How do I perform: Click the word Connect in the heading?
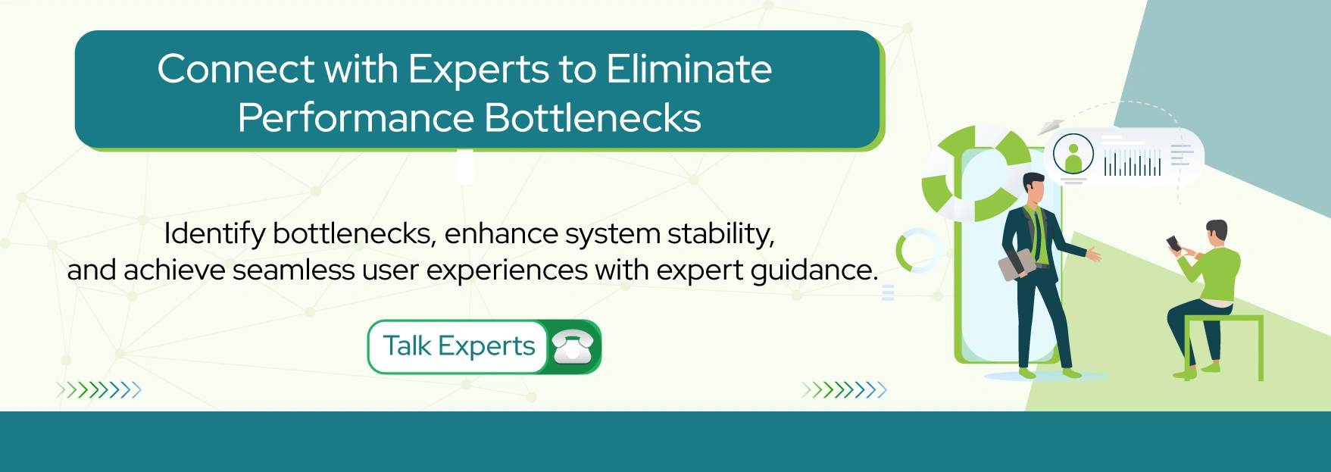point(235,70)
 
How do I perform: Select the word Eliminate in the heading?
point(689,70)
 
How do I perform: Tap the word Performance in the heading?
point(355,119)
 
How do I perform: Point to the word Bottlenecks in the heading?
point(592,119)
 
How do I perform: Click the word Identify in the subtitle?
point(214,234)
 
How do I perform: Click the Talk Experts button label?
point(458,346)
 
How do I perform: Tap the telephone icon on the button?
point(573,347)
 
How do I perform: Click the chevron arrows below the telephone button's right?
point(844,390)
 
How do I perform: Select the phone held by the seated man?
point(1173,243)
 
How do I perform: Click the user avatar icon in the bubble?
point(1073,154)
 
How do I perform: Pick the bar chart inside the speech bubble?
point(1132,163)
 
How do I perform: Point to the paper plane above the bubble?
point(1050,127)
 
